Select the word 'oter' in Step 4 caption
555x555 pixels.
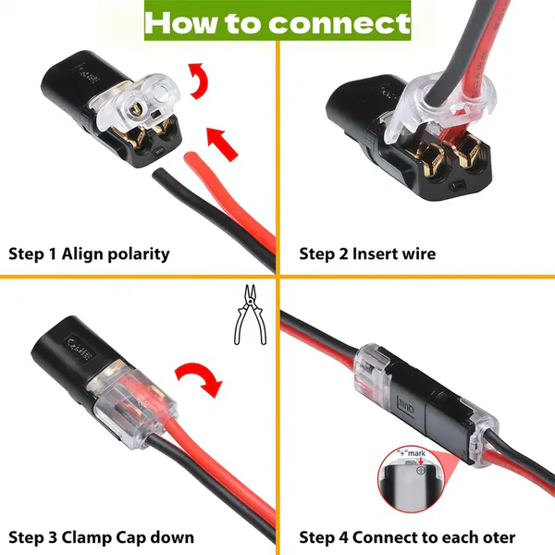(495, 537)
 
